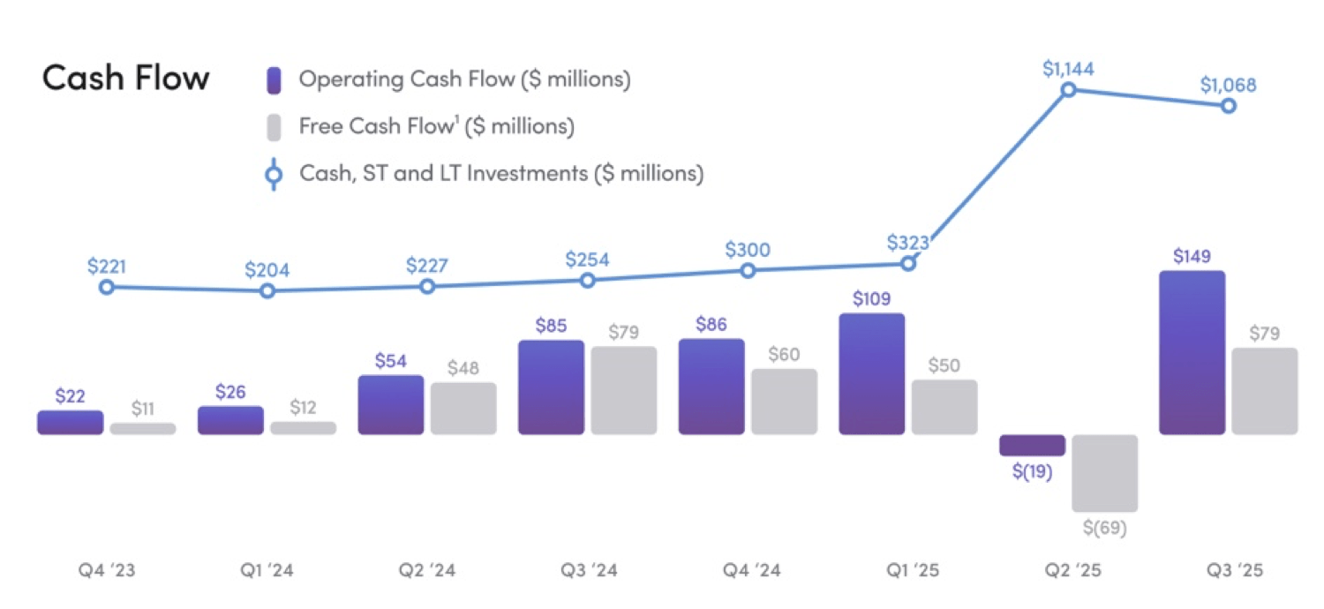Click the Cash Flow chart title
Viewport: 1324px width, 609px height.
click(125, 79)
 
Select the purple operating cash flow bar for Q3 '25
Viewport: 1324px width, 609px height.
click(1192, 353)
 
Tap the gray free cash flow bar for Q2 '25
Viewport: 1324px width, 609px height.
click(1104, 473)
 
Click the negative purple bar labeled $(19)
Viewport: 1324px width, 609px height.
click(1032, 445)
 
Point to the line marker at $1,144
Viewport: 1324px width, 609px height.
click(1068, 90)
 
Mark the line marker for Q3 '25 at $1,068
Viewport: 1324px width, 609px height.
click(1228, 106)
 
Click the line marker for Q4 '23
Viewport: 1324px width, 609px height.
click(107, 287)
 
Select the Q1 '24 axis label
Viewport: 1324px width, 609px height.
click(267, 571)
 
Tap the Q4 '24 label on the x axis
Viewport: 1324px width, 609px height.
click(749, 571)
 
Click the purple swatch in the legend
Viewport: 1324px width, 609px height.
click(274, 80)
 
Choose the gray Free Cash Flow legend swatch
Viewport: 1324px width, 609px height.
click(274, 127)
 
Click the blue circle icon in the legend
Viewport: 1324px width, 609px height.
click(274, 175)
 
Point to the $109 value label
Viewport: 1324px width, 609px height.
click(871, 298)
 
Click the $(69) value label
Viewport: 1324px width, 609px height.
click(1104, 529)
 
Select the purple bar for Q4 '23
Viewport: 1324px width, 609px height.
click(70, 423)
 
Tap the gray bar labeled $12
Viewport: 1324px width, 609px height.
click(303, 428)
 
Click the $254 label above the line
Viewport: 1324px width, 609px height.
click(588, 260)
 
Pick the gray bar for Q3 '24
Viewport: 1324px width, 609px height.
click(623, 390)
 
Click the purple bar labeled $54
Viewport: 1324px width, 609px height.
click(390, 405)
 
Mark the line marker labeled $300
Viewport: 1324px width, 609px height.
click(748, 271)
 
